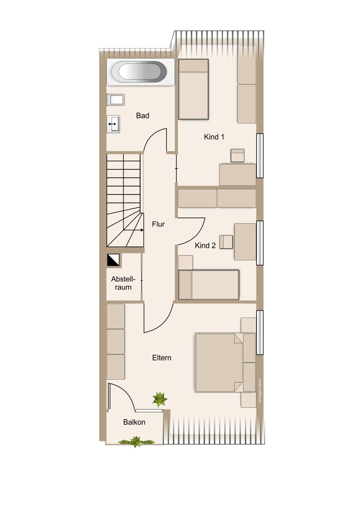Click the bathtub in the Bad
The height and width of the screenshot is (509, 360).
coord(141,72)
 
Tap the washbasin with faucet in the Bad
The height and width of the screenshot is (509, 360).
coord(113,123)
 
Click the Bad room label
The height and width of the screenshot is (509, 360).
coord(143,115)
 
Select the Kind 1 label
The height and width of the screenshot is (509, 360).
coord(214,137)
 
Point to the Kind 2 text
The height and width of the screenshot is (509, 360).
coord(205,246)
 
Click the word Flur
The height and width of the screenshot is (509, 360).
coord(158,224)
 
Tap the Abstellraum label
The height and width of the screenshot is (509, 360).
coord(123,283)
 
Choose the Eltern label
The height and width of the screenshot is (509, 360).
coord(162,358)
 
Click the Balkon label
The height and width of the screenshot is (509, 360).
coord(134,422)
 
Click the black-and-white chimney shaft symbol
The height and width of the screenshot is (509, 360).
coord(113,260)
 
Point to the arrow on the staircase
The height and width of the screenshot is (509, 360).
coord(134,230)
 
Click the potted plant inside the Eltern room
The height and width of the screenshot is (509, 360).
coord(160,400)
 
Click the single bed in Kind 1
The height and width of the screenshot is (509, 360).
coord(193,89)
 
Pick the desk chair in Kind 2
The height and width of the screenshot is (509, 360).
coord(226,242)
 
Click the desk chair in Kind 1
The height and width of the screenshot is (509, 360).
coord(237,155)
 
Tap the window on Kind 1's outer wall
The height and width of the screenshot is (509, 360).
coord(260,156)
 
